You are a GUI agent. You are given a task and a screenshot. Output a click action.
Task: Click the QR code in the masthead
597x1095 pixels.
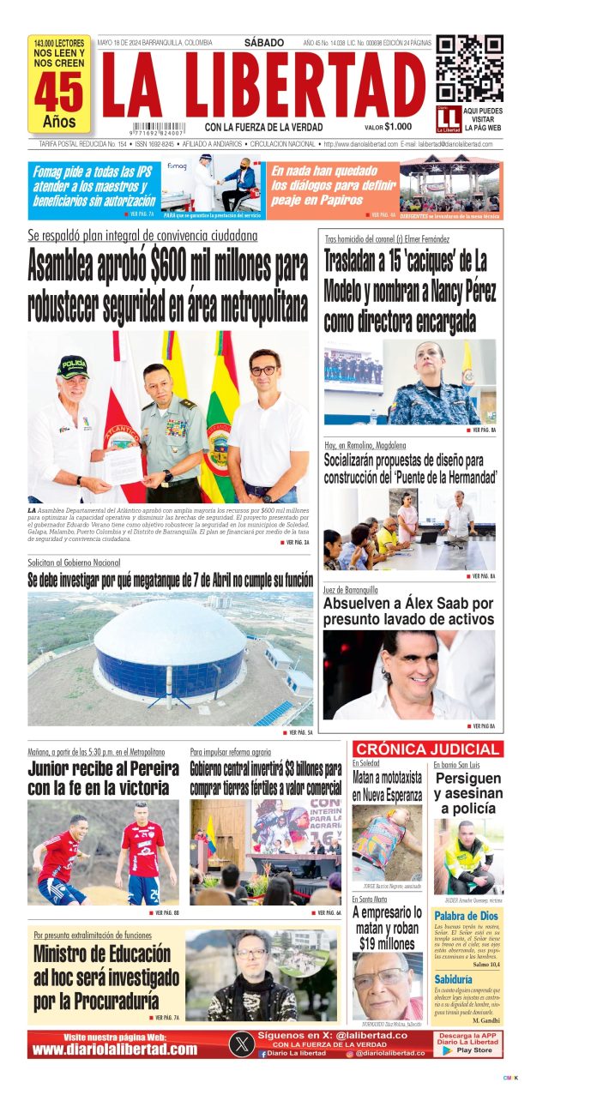coord(469,69)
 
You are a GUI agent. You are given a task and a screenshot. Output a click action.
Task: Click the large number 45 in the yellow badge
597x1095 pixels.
coord(58,93)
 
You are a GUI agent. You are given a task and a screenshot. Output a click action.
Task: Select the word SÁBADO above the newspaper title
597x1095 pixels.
coord(264,42)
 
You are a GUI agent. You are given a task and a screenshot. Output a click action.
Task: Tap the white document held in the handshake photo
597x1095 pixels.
coord(122,464)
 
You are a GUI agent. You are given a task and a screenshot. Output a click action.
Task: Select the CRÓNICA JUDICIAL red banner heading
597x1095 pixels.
coord(425,749)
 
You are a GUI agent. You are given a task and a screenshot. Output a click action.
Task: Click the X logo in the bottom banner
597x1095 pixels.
coord(242,1044)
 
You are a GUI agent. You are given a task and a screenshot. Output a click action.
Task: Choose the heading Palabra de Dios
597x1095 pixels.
coord(466,916)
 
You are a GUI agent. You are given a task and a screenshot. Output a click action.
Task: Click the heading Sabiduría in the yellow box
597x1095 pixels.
coord(453,978)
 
